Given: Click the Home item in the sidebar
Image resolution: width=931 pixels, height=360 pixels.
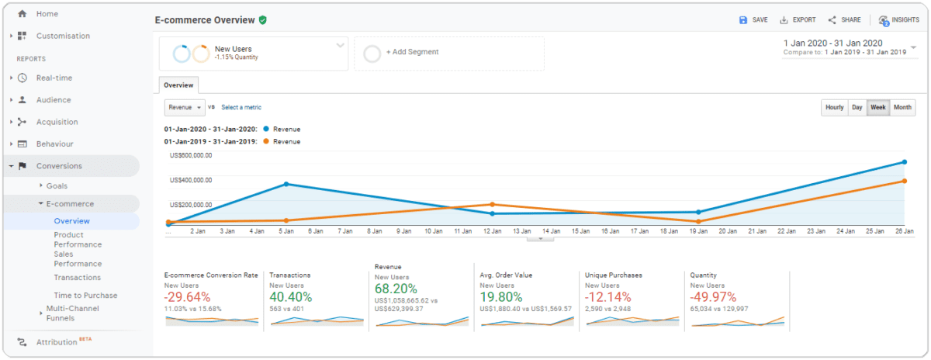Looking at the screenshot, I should point(47,14).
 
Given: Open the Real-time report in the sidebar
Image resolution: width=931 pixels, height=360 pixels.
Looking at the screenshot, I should point(54,78).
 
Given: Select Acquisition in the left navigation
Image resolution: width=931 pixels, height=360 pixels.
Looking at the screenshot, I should point(57,122).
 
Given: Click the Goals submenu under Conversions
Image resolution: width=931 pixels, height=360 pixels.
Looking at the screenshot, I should point(57,186).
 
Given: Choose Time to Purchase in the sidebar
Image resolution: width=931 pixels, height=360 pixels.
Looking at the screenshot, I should point(85,295).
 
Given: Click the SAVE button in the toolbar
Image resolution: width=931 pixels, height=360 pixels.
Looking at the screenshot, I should point(753,20).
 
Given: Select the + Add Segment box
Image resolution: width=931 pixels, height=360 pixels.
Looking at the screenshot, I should point(449,53).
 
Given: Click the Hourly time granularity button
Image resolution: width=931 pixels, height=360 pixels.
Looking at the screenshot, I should point(834,108).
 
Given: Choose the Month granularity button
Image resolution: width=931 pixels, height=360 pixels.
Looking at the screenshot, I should point(902,108).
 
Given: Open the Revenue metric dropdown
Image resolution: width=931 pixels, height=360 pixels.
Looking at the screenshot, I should point(185,107).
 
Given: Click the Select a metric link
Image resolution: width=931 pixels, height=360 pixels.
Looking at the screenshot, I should point(241,107).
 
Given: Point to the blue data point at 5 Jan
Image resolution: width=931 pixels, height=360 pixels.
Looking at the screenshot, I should point(286,184).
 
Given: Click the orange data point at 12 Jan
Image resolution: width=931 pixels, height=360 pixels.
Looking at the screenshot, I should point(492,205).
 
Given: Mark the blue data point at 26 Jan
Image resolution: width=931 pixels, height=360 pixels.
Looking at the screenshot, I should point(903,162).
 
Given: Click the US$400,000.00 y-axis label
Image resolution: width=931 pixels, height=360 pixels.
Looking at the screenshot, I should point(190,180).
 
